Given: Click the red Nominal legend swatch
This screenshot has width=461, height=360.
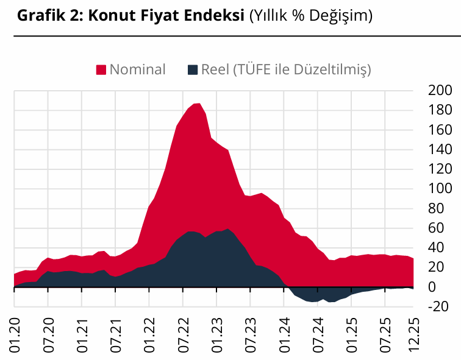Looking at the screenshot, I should [101, 69].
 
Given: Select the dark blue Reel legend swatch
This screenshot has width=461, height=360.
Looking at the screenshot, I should [192, 69].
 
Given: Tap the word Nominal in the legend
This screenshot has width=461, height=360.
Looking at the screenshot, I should [137, 69].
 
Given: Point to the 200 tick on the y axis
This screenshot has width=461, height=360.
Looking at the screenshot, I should [439, 91].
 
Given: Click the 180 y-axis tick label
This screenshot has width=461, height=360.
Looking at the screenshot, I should [439, 110].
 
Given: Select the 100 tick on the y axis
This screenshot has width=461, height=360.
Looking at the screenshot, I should [439, 189].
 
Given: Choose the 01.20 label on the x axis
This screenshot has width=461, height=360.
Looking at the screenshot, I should [15, 334].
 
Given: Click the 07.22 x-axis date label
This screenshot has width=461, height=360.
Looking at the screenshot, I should [184, 334].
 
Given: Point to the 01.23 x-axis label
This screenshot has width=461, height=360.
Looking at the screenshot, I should [218, 334].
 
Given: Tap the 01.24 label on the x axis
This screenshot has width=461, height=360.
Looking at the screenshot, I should [285, 334].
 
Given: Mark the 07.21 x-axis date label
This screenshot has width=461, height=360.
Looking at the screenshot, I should [116, 334].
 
